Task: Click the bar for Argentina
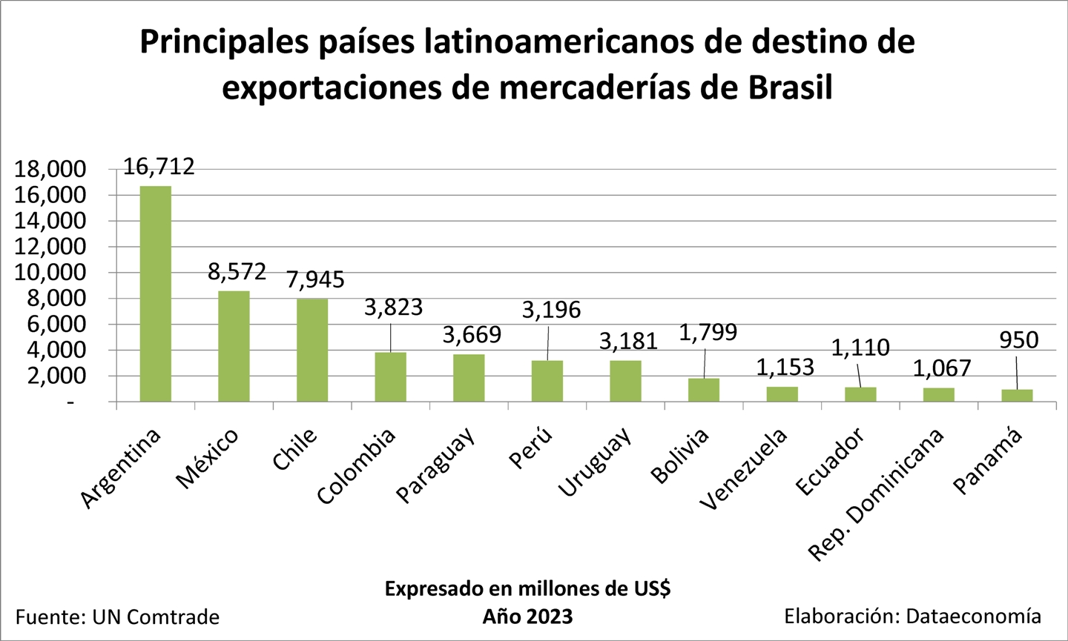[x=156, y=293]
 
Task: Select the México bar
[x=234, y=346]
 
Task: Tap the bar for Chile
[x=312, y=350]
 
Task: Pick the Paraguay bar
[x=469, y=378]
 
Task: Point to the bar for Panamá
[x=1017, y=396]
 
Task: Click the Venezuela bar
[x=782, y=394]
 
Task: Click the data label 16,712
[x=159, y=166]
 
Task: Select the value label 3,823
[x=393, y=307]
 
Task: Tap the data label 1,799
[x=708, y=332]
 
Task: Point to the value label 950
[x=1019, y=340]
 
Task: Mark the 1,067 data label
[x=942, y=368]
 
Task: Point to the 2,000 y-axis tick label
[x=56, y=376]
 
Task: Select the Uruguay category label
[x=596, y=462]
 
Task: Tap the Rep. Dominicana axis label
[x=876, y=494]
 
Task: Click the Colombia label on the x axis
[x=357, y=467]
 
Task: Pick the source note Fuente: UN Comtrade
[x=118, y=617]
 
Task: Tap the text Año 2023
[x=527, y=617]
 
